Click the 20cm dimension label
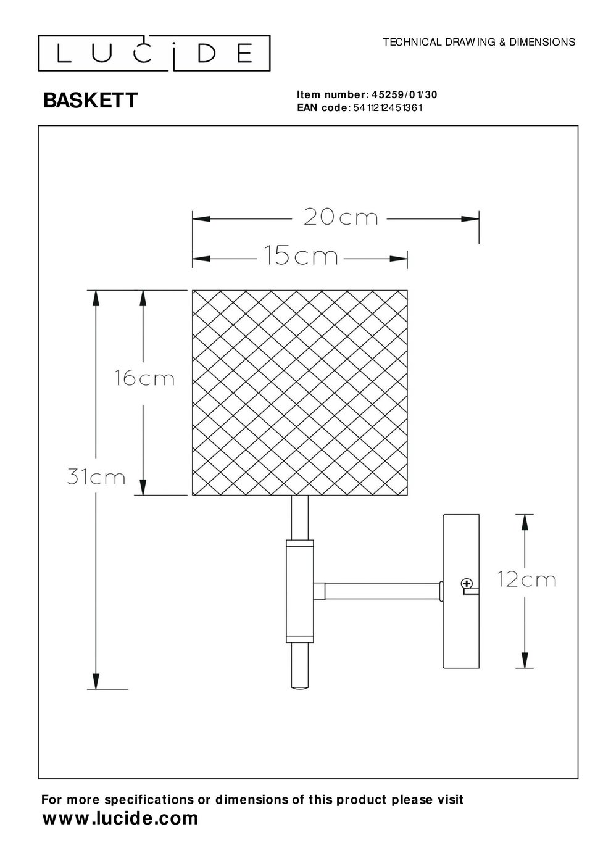click(341, 217)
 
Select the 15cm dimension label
click(301, 255)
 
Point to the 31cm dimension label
click(96, 476)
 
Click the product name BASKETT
click(90, 101)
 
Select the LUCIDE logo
click(154, 53)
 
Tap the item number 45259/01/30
click(404, 94)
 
